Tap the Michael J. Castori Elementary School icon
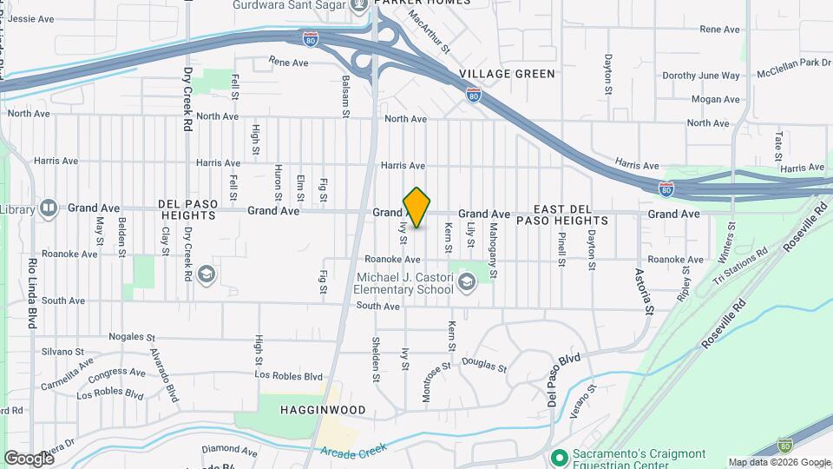click(x=467, y=281)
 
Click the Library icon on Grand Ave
click(x=49, y=208)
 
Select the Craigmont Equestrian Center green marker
click(x=560, y=456)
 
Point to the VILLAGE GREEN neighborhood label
click(x=508, y=74)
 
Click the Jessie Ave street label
click(x=30, y=18)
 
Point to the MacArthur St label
click(x=430, y=31)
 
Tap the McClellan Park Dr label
click(x=794, y=63)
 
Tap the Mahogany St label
click(x=492, y=250)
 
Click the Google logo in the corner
click(x=29, y=458)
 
